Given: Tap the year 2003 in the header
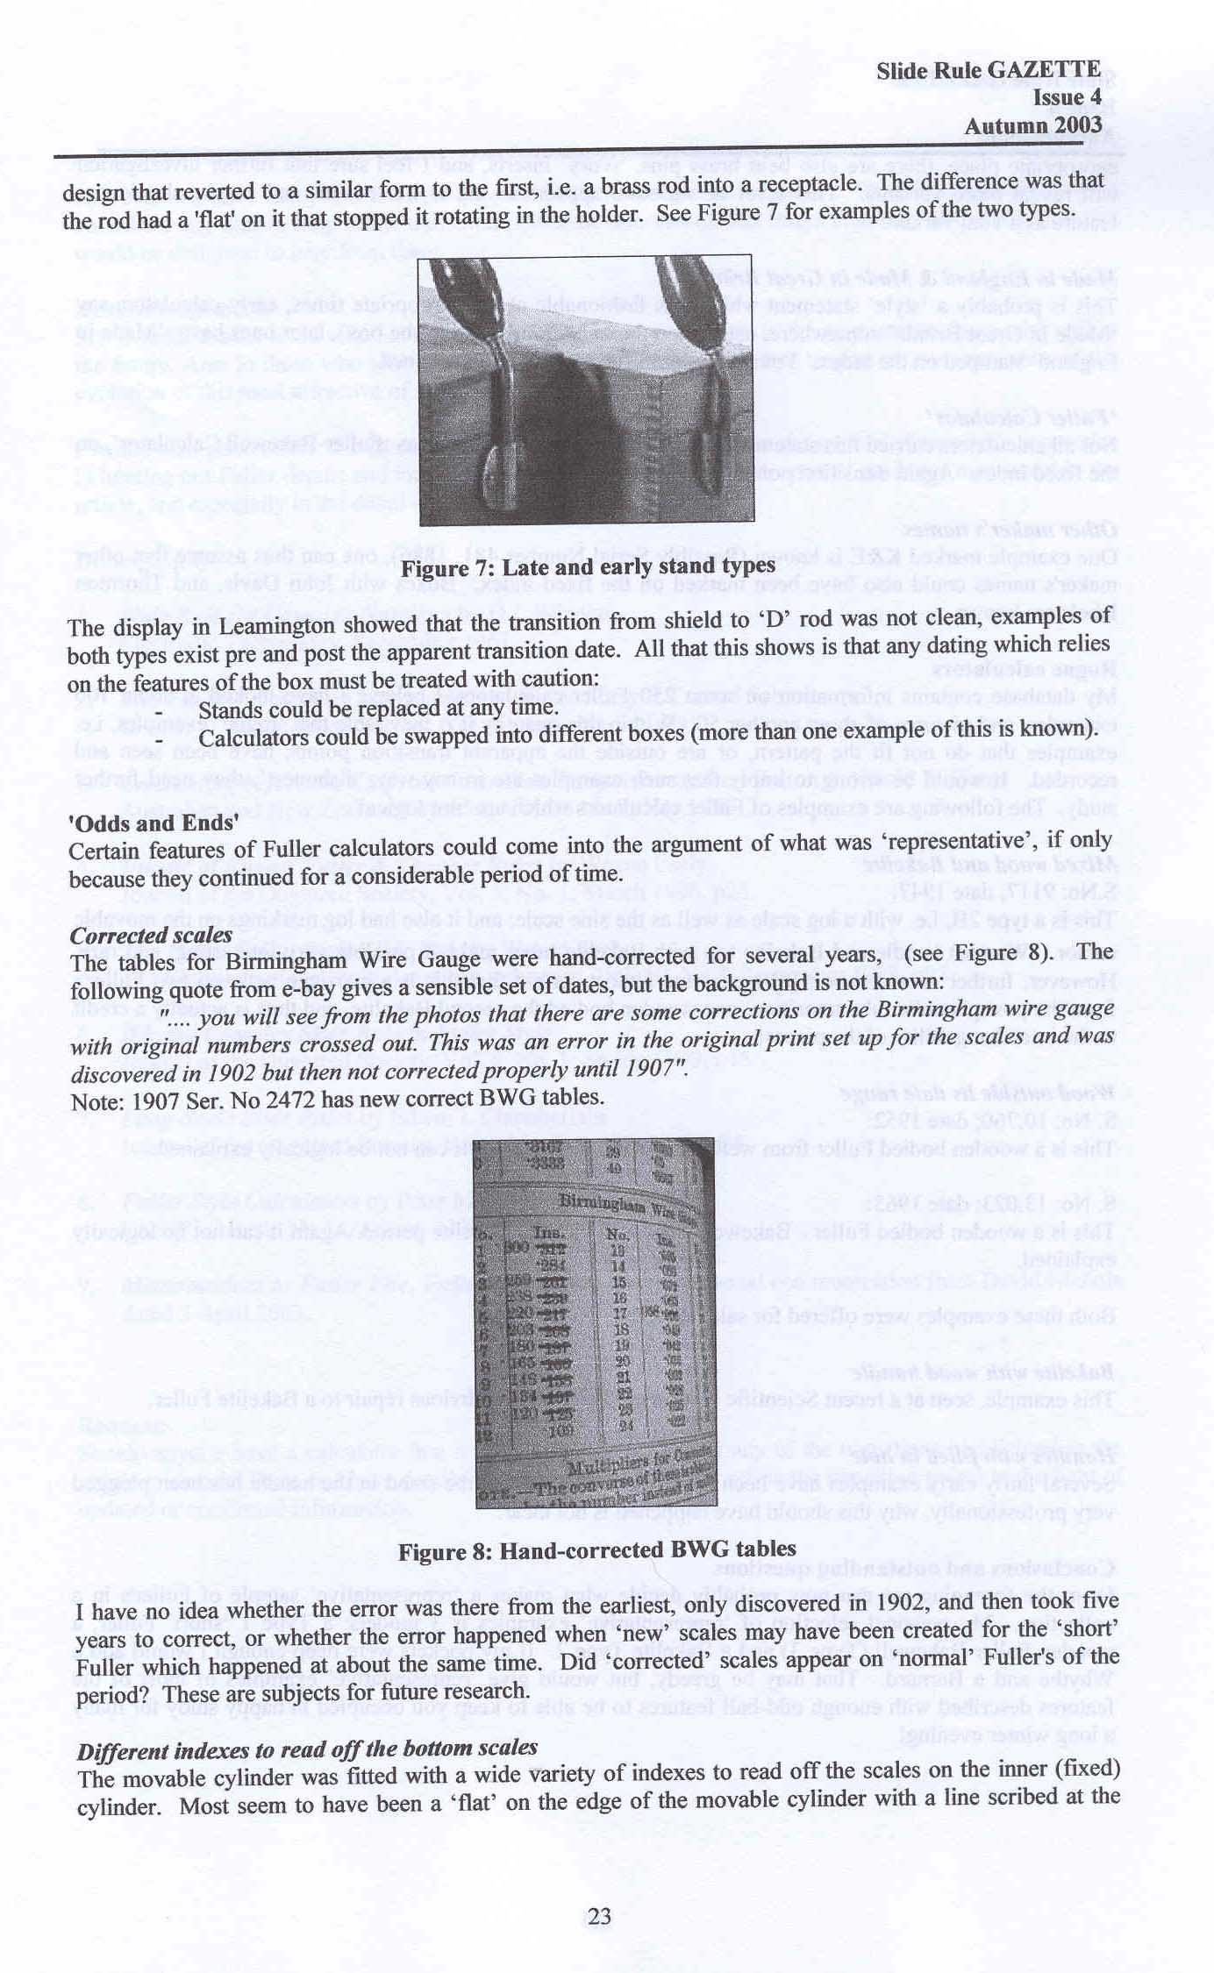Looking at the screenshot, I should tap(1078, 126).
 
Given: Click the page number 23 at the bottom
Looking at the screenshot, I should tap(599, 1917).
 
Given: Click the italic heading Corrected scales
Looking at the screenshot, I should tap(151, 935).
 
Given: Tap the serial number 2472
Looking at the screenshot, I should tap(345, 1098).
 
